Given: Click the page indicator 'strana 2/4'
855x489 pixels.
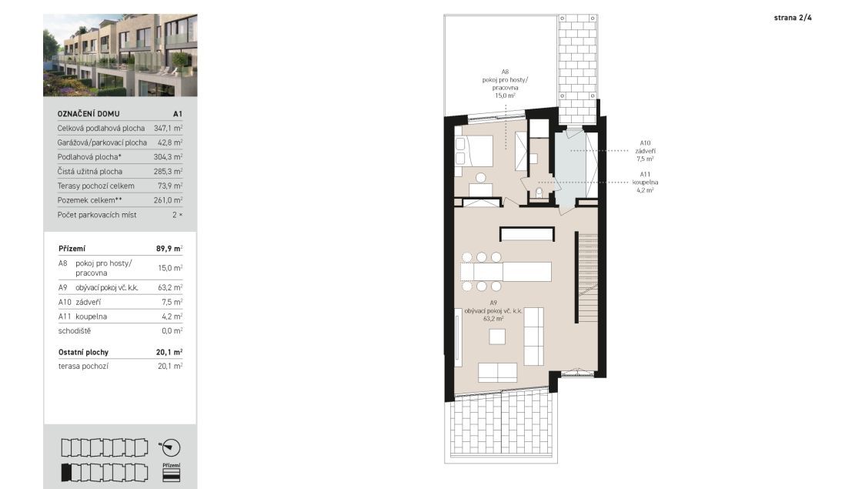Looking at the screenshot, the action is click(793, 18).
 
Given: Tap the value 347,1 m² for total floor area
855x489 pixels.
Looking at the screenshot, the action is click(168, 129).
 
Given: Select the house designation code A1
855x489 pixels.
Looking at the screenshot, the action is click(178, 114).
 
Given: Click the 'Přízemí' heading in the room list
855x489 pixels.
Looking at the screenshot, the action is click(72, 249).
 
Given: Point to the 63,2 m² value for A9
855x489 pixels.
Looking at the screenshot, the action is click(170, 287).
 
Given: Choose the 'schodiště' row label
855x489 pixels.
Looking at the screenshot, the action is click(75, 330).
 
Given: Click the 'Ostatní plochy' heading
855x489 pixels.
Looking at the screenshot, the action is click(83, 353).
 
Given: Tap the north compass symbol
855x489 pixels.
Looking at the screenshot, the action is click(169, 448).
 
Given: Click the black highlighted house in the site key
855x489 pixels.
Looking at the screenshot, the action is click(66, 473).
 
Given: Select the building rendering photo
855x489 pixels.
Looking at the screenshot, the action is click(120, 55).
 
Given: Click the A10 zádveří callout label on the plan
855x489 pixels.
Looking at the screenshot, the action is click(645, 151).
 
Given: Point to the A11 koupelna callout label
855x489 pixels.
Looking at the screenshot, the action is click(645, 183).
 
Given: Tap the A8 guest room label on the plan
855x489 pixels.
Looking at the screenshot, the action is click(505, 83).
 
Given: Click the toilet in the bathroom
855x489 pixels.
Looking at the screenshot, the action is click(539, 193).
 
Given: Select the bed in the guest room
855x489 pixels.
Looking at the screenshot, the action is click(474, 151).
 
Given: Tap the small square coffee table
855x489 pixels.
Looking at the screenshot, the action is click(496, 337).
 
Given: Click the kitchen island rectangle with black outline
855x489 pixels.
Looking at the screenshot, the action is click(526, 234).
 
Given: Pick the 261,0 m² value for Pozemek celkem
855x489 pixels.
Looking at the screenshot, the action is click(168, 200).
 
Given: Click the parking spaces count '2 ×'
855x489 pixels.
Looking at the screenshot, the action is click(177, 215).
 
